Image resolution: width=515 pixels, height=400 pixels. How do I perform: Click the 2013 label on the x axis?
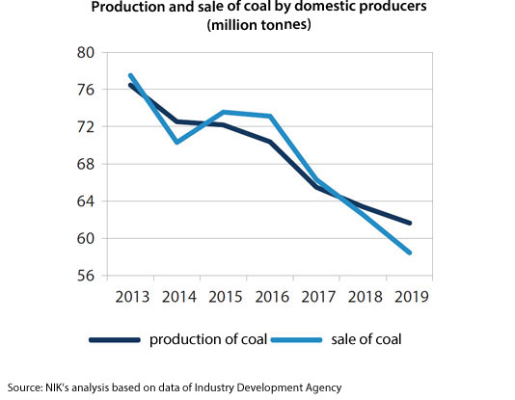[x=131, y=297]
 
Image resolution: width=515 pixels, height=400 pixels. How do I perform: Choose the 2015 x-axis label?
[x=224, y=297]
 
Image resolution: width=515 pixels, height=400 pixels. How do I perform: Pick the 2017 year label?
[x=316, y=297]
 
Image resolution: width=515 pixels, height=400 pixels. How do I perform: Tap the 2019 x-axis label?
[x=409, y=297]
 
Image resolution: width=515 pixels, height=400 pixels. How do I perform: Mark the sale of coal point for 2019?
[x=410, y=253]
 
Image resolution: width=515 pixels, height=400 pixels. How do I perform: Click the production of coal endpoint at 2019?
[x=410, y=223]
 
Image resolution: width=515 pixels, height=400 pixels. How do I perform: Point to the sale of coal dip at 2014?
[x=177, y=142]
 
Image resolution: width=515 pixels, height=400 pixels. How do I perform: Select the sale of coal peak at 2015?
[x=224, y=112]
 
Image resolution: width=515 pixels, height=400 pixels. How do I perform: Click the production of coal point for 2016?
[x=270, y=142]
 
